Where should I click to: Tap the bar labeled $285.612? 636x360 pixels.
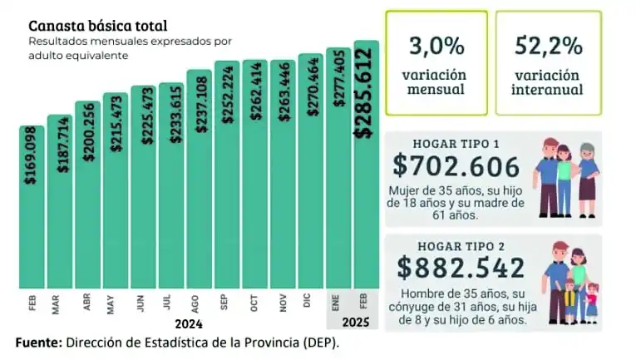(x=367, y=208)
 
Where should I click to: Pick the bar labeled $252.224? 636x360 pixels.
(x=227, y=208)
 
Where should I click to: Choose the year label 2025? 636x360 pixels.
(x=353, y=324)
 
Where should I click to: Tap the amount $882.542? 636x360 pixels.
(x=461, y=268)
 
